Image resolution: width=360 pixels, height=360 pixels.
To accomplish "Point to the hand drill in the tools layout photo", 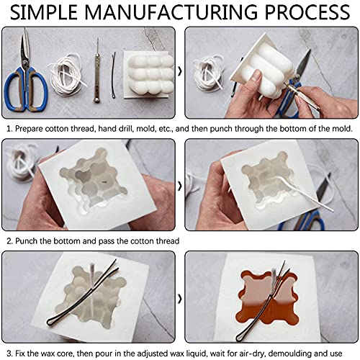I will [96, 72].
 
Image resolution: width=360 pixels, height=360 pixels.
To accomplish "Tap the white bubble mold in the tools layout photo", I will [148, 76].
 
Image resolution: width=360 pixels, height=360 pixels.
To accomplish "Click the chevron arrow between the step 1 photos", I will [180, 72].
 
